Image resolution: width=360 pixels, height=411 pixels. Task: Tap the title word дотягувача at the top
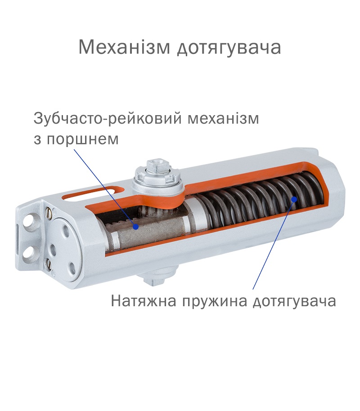coord(229,49)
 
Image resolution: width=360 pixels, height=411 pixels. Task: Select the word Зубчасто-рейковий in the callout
coord(108,118)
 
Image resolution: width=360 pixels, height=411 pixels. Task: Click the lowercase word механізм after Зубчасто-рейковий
coord(223,118)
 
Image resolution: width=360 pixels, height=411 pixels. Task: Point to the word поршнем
coord(83,139)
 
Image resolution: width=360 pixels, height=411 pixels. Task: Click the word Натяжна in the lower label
coord(144,301)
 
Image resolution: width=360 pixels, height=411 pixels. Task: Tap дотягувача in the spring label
coord(294,302)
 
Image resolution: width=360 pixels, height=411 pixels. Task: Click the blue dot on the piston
coord(135,227)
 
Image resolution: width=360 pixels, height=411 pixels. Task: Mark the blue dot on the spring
coord(294,199)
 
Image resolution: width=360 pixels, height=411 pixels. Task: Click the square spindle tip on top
coord(157,166)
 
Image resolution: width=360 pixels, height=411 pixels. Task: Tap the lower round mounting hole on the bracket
coord(29,252)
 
